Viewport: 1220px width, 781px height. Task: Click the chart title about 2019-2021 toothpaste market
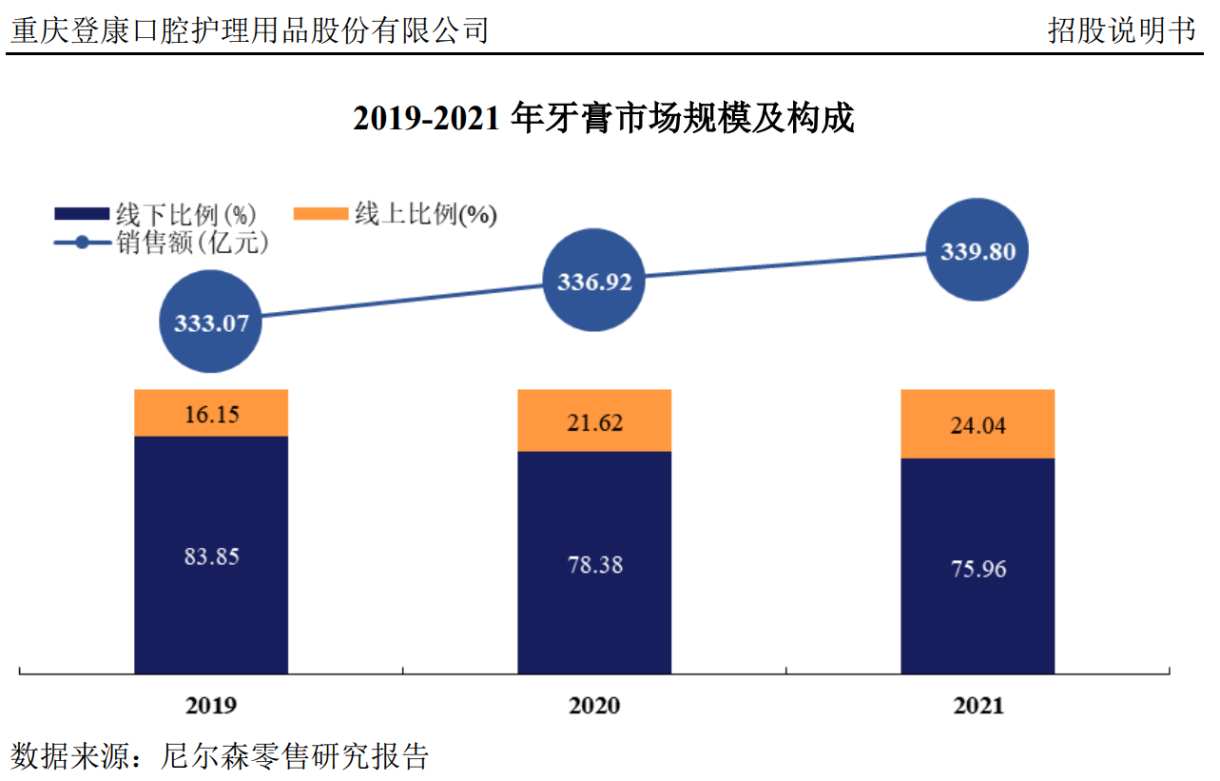604,119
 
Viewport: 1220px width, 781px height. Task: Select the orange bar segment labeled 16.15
211,413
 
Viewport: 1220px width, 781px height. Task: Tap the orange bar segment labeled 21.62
594,420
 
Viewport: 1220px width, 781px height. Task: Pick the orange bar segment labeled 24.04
978,424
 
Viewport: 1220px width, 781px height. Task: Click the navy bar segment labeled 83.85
211,556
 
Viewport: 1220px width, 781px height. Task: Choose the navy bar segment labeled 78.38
594,563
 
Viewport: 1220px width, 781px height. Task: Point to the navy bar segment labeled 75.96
978,567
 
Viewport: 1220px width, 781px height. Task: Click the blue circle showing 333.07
211,322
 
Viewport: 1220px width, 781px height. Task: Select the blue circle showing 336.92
594,282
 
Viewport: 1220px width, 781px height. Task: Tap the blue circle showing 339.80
978,251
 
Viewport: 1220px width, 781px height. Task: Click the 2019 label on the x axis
211,705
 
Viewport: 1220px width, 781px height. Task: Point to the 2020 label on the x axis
594,705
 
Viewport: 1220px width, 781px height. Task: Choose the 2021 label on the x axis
978,705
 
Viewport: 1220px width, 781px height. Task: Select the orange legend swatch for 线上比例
321,214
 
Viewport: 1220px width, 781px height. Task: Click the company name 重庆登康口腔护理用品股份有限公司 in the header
249,30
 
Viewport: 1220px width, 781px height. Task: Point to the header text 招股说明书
1121,30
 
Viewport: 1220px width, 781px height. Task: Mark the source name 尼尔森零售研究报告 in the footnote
296,757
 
